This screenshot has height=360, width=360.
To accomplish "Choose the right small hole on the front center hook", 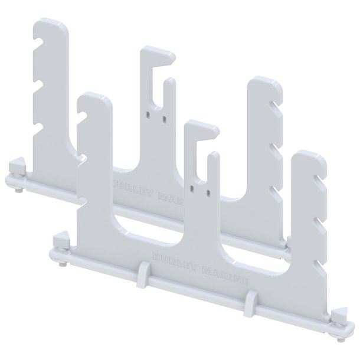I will [208, 191].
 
